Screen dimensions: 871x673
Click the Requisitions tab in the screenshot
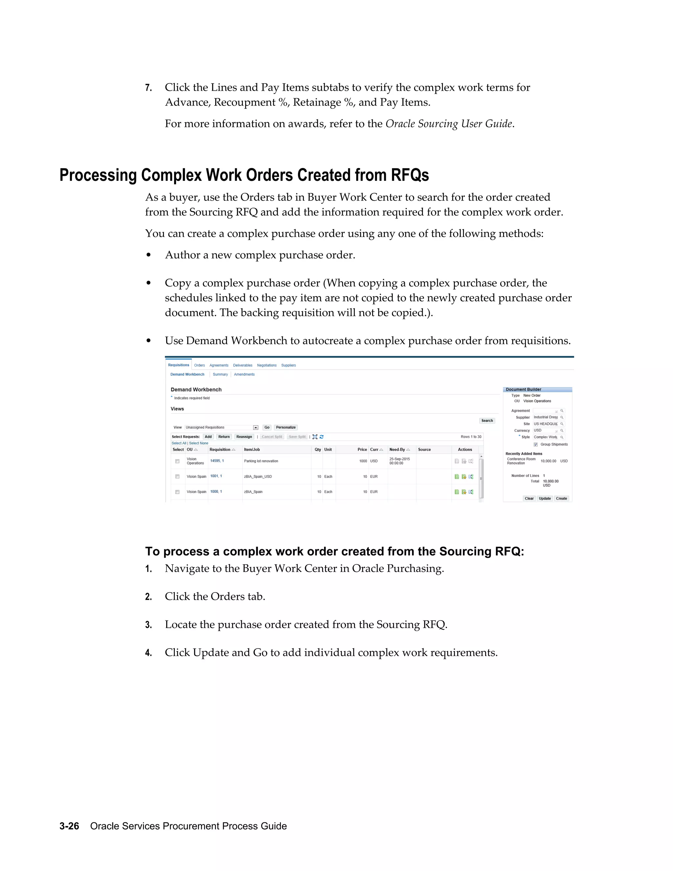(x=178, y=365)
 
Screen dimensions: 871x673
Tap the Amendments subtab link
(x=244, y=374)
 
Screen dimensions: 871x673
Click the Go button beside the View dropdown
(x=267, y=427)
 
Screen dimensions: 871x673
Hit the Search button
(x=487, y=421)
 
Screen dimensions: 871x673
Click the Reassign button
(x=244, y=437)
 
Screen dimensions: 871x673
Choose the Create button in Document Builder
(x=561, y=499)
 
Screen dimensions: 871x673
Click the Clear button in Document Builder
(x=529, y=499)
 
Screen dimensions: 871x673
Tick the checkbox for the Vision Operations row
(x=177, y=461)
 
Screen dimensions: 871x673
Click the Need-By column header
(x=397, y=449)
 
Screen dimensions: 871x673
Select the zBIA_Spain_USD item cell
(x=258, y=477)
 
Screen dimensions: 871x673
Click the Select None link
(x=198, y=443)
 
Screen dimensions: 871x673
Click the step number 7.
(x=148, y=88)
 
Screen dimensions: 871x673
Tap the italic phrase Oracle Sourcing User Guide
(x=449, y=124)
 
